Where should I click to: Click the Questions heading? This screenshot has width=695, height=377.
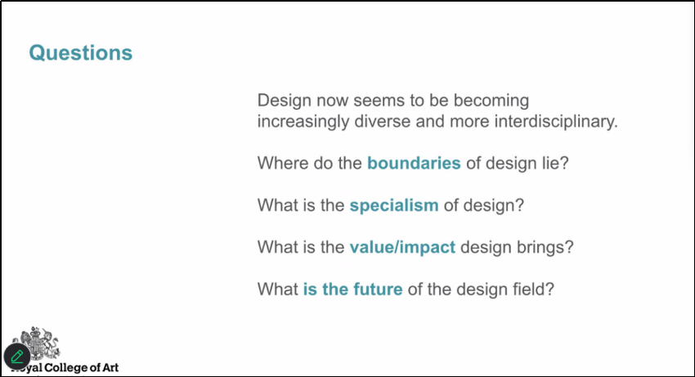81,53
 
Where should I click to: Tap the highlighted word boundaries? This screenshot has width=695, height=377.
414,164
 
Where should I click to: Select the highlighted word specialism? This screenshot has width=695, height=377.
394,206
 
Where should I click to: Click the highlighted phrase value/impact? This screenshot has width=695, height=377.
402,247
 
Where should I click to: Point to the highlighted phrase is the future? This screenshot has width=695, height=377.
353,289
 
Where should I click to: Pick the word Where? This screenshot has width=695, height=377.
283,164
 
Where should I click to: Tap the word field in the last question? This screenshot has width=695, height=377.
529,289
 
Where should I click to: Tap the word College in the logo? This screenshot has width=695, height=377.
66,368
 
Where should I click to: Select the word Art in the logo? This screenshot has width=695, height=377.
110,368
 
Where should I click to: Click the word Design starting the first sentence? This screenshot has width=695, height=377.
284,101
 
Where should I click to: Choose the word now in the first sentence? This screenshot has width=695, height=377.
333,101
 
